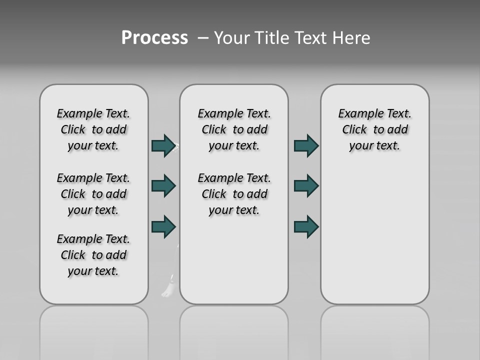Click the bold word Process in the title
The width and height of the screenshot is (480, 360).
tap(154, 38)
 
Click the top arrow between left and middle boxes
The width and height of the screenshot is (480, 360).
tap(163, 145)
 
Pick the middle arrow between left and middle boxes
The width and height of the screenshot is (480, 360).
tap(163, 186)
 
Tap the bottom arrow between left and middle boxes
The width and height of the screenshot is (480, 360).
tap(163, 226)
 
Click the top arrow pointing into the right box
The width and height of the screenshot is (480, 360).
tap(306, 145)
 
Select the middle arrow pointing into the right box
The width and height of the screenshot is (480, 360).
tap(306, 186)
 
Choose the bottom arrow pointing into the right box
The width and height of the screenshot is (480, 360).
tap(306, 226)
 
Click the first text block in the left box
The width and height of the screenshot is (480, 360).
tap(93, 129)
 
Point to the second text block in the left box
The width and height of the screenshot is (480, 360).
tap(93, 194)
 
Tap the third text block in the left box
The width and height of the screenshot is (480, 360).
tap(93, 255)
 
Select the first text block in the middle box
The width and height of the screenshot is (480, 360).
tap(234, 129)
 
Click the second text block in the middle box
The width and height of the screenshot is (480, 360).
tap(234, 194)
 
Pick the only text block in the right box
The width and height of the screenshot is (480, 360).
tap(374, 129)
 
